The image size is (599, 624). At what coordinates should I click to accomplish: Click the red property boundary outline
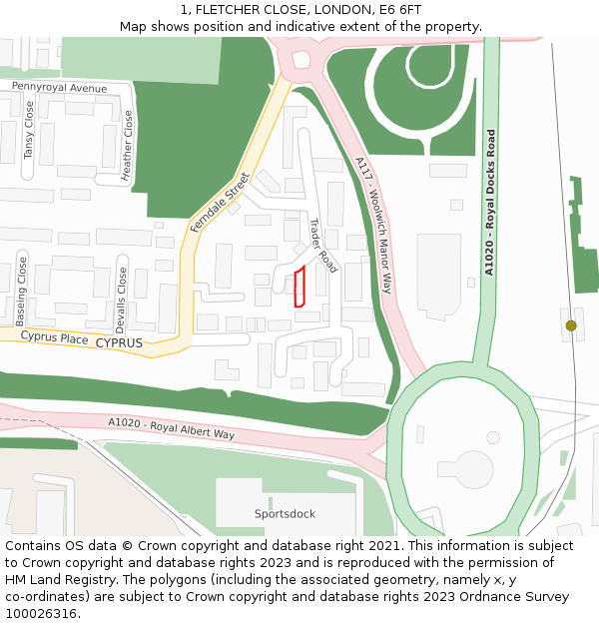tap(298, 288)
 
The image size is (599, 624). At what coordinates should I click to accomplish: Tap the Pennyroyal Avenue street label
tap(59, 88)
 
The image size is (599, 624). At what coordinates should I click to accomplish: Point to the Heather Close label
tap(128, 146)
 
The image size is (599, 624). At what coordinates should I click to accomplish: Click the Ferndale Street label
tap(220, 204)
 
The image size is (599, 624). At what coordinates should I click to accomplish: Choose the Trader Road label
tap(322, 246)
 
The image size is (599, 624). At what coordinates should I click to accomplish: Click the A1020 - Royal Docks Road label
tap(489, 202)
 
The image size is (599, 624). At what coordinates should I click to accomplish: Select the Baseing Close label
tap(22, 293)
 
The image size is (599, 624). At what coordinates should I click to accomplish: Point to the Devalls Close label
tap(122, 301)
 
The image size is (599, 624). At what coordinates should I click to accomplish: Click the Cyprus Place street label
tap(54, 338)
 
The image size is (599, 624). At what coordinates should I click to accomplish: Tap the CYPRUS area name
tap(119, 342)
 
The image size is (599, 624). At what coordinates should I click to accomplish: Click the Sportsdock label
tap(285, 514)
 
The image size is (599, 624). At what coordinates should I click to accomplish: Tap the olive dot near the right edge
tap(571, 325)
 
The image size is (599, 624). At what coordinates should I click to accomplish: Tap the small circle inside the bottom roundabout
tap(492, 438)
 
